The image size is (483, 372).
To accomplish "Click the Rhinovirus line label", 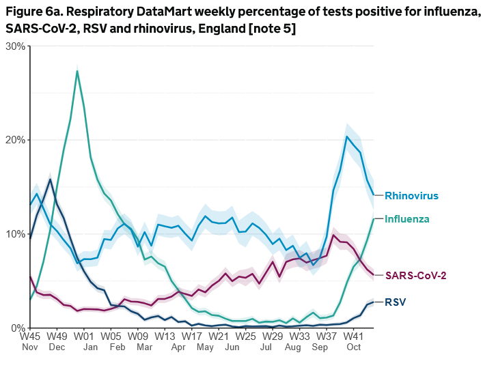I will pos(411,196).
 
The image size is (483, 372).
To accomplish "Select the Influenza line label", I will pos(406,219).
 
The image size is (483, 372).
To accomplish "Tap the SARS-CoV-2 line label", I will pos(415,275).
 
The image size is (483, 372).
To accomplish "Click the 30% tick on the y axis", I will pos(15,46).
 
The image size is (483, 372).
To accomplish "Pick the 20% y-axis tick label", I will pos(15,140).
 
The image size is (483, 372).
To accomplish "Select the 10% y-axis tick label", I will pos(15,234).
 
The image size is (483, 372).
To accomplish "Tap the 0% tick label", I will pos(18,328).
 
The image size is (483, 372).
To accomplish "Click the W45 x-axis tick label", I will pos(30,337).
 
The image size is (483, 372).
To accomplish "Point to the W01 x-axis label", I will pos(84,337).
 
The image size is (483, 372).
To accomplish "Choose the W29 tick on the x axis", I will pos(273,337).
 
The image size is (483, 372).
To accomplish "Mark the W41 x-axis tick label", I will pos(353,337).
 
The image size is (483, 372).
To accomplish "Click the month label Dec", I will pos(57,347).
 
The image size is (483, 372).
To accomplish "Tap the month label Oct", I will pos(353,347).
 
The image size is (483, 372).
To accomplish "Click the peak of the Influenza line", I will pos(77,71).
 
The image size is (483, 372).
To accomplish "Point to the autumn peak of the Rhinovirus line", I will pos(347,137).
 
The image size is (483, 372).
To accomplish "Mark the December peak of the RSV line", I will pos(50,180).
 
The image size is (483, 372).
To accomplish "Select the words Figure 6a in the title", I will pos(33,10).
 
